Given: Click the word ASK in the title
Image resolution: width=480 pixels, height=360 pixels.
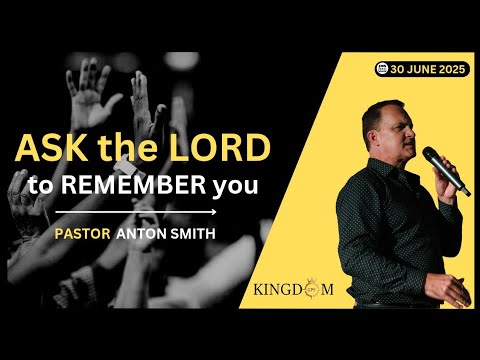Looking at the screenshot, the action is (x=52, y=147).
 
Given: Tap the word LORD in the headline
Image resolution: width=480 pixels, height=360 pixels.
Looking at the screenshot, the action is (x=220, y=148).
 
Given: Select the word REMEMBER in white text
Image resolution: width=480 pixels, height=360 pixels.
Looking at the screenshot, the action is (x=133, y=185).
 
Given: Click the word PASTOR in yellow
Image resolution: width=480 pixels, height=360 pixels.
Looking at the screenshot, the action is (x=82, y=234).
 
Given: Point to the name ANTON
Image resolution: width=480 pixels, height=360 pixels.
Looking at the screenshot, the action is (x=142, y=234).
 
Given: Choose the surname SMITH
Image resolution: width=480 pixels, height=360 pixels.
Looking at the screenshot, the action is (x=193, y=234).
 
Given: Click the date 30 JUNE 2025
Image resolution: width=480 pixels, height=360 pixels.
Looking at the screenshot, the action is (x=428, y=69).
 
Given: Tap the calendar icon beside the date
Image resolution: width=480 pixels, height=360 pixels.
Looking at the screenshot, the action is (x=382, y=69).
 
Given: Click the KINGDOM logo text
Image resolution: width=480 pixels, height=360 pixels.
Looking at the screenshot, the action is (x=293, y=289).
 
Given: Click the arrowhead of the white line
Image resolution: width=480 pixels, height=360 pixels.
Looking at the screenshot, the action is (x=214, y=212).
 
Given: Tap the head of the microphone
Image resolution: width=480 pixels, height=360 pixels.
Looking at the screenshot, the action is (x=429, y=154).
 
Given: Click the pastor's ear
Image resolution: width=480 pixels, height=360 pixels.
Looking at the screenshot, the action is (x=373, y=136).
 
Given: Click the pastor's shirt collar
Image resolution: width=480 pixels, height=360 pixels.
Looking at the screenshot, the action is (x=387, y=169).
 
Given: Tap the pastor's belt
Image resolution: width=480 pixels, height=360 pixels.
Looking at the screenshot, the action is (x=397, y=305).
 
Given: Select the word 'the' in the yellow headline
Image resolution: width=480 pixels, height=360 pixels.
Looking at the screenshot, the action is (x=128, y=148).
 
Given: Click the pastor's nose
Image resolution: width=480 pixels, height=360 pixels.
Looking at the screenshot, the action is (x=411, y=134).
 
